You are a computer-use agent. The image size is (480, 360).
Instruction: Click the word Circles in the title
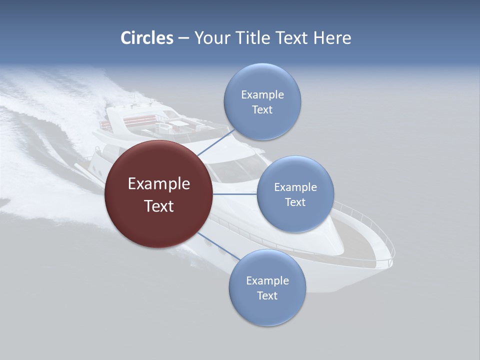tap(146, 38)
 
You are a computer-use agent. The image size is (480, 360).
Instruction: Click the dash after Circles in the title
tap(183, 38)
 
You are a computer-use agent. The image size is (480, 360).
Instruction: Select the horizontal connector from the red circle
tap(234, 194)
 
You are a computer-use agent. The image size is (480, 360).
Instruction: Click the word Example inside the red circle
tap(158, 183)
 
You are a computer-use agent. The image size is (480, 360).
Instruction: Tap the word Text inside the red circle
tap(158, 205)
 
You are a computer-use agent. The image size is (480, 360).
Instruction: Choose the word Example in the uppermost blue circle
tap(262, 94)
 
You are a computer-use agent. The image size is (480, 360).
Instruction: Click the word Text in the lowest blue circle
tap(267, 295)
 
